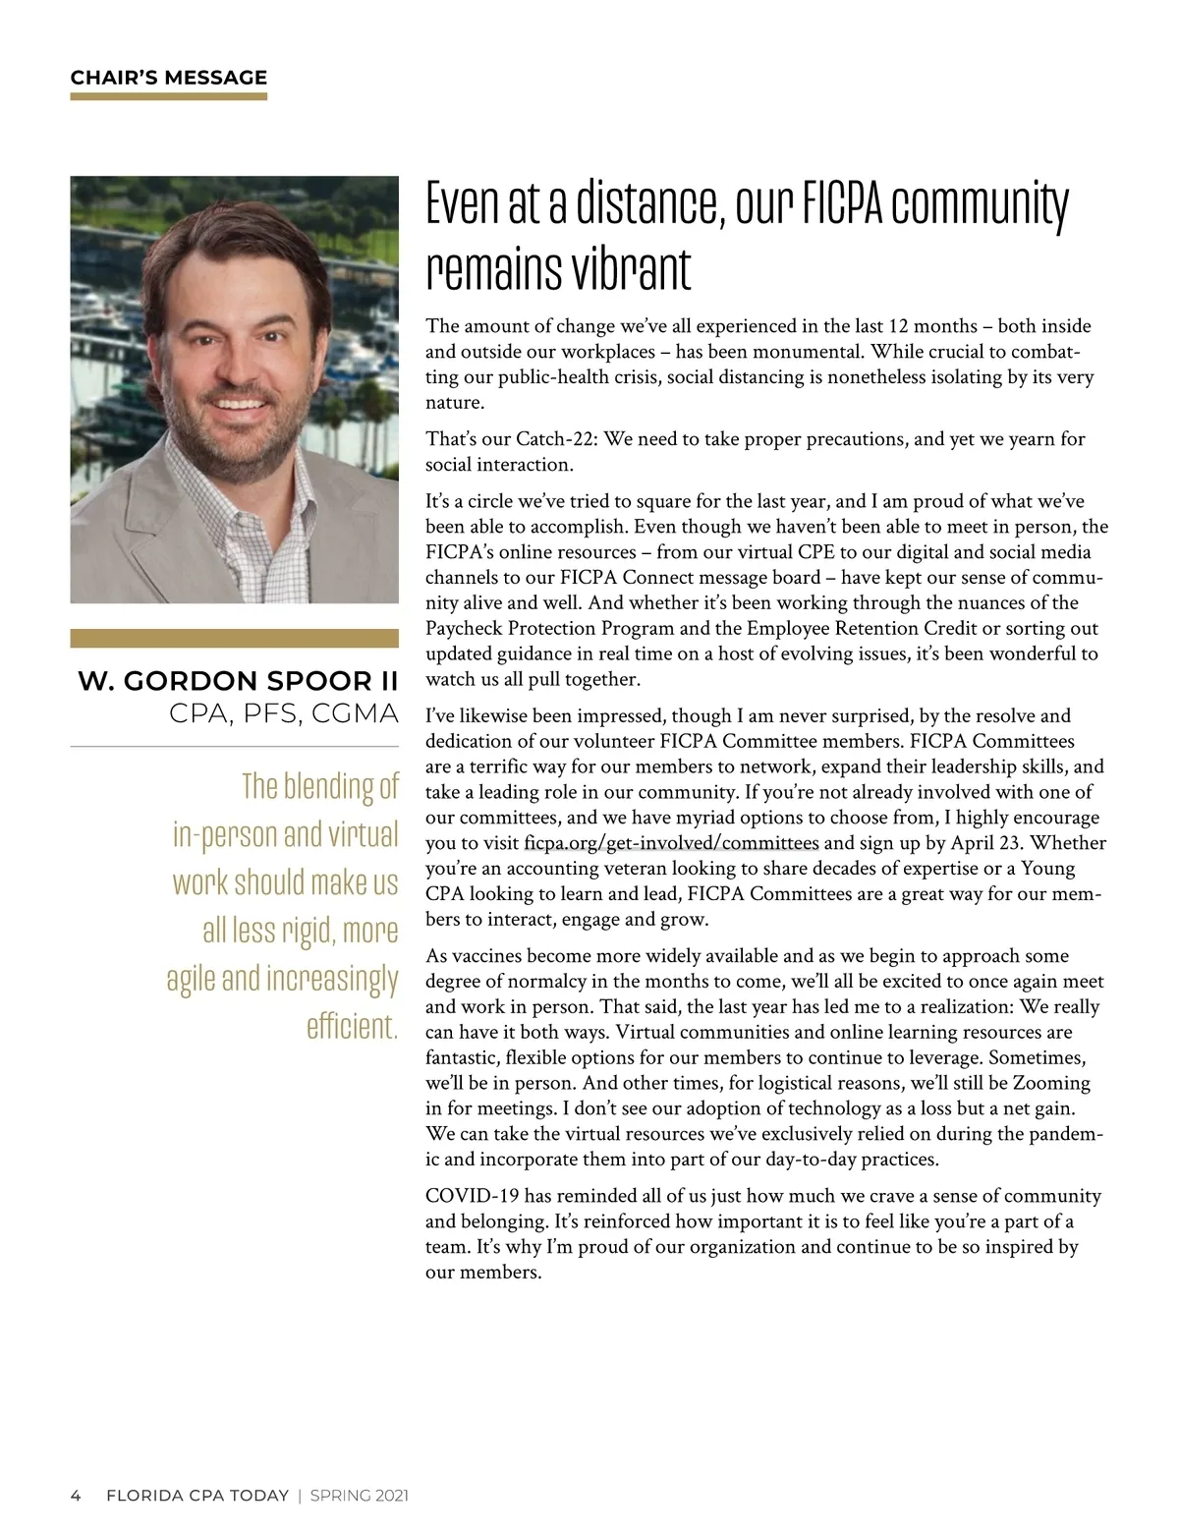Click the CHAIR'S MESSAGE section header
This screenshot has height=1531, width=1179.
[168, 78]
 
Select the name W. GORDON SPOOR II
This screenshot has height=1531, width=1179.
[238, 681]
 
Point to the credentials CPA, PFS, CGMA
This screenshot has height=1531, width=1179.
[283, 713]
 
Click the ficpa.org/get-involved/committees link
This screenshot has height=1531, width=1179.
[671, 843]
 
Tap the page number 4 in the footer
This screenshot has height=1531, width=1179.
[76, 1496]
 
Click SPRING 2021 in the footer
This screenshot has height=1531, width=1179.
[359, 1496]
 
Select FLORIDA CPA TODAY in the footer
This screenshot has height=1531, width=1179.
[197, 1496]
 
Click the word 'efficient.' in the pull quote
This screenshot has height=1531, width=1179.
[352, 1026]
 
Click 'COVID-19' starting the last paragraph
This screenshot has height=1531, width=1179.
[472, 1196]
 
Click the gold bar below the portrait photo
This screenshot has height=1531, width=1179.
[234, 639]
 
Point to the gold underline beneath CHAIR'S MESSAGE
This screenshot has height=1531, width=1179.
[168, 96]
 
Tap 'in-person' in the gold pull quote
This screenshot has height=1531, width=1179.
[225, 834]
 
